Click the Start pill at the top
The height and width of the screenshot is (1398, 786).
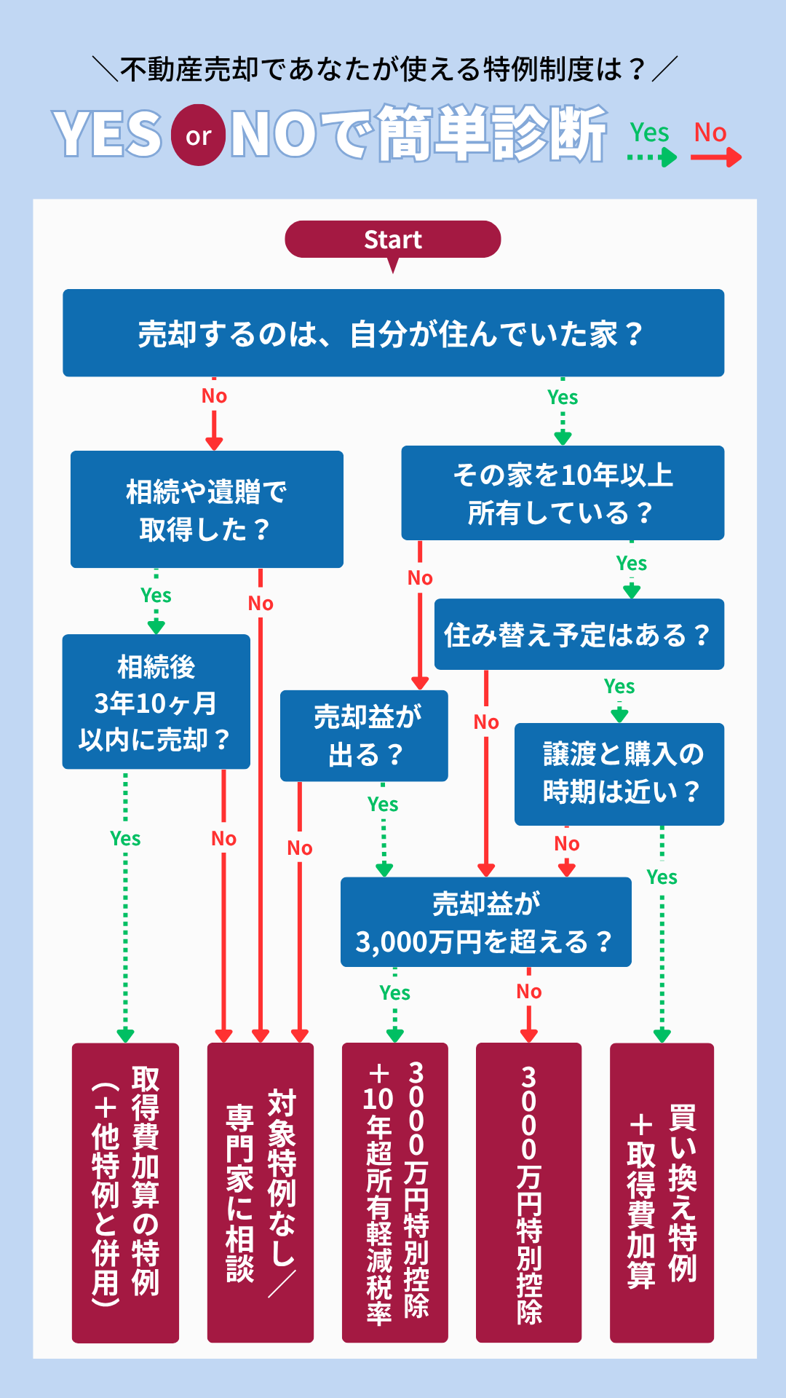click(392, 240)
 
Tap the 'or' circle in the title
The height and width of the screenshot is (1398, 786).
click(198, 135)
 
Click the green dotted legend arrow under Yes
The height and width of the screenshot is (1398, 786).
click(651, 157)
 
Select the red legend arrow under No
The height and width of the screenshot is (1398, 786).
click(715, 157)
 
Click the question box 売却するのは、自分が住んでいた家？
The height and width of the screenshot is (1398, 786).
click(393, 333)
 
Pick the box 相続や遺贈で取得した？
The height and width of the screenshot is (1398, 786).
click(207, 510)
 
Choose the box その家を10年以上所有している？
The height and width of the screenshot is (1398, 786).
click(563, 493)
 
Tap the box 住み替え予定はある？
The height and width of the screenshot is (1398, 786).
click(579, 634)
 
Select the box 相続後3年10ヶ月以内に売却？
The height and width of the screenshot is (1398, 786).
click(156, 702)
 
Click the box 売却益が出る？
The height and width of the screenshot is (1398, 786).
click(364, 735)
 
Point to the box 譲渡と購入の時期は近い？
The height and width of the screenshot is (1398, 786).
click(619, 773)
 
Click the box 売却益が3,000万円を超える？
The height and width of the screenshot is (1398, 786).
click(485, 922)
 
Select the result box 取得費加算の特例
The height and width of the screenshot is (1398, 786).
click(125, 1192)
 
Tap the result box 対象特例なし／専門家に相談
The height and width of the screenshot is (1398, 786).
click(261, 1192)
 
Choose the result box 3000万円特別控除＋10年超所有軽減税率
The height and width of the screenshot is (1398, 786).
click(395, 1192)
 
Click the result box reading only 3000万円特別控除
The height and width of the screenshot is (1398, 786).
click(528, 1192)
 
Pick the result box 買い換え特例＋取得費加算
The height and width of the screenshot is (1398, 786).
click(662, 1192)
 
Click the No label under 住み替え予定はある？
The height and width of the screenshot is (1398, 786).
click(486, 722)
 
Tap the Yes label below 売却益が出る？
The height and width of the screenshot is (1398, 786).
click(383, 805)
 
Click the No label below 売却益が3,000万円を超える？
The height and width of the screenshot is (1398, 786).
click(529, 992)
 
